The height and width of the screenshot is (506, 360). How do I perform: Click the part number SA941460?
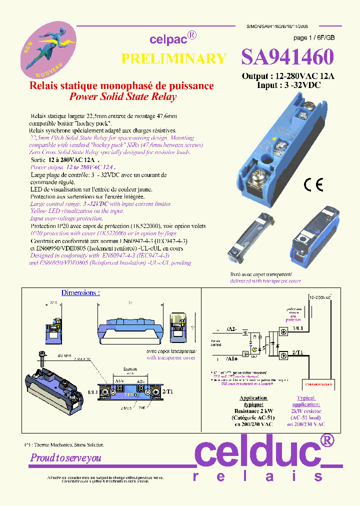coord(287,57)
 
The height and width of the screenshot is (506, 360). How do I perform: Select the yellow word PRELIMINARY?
coord(173,58)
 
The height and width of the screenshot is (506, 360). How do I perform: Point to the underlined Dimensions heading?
coord(80,292)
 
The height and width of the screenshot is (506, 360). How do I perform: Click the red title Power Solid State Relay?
coord(122,97)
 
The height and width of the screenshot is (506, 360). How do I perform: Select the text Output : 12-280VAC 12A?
coord(288,76)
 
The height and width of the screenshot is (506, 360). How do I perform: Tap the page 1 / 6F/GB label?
coord(314,38)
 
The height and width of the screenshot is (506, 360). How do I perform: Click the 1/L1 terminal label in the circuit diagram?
coord(298,328)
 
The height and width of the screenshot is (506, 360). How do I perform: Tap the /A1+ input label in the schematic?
coord(232,358)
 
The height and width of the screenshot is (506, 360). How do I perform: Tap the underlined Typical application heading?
coord(305,401)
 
